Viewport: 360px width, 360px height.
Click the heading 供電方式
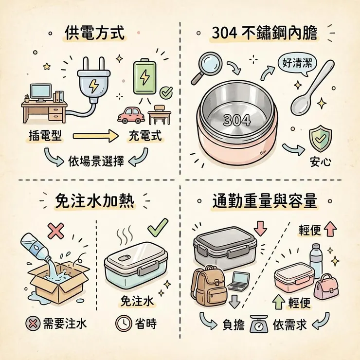94,34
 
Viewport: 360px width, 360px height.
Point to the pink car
131,115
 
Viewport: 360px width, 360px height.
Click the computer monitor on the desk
40,91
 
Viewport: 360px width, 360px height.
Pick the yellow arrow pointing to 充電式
96,137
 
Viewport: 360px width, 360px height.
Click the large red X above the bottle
56,230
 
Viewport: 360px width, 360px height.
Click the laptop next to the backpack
238,281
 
